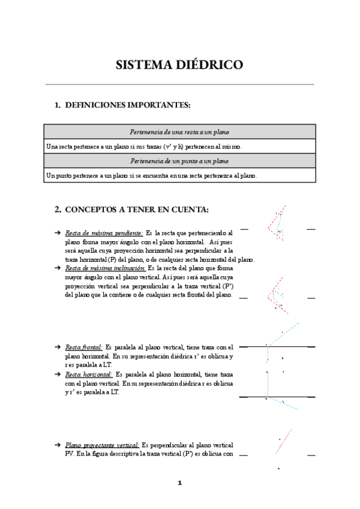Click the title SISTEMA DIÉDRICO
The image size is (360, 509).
[179, 65]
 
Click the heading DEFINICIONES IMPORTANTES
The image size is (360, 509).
[127, 105]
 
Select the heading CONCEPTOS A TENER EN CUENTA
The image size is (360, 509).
[136, 209]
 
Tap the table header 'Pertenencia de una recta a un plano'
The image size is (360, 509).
[179, 132]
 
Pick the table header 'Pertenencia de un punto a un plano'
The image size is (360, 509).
[179, 161]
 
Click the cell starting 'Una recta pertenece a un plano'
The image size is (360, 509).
[144, 146]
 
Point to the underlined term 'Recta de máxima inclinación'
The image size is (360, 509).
[106, 268]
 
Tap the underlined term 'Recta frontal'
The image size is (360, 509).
[83, 347]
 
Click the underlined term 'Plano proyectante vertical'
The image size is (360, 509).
[103, 445]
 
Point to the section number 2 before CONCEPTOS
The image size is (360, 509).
[58, 209]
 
